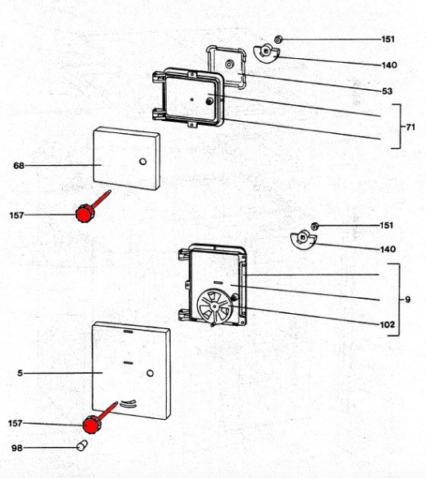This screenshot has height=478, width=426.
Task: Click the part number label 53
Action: (387, 91)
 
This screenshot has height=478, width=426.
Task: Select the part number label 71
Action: (411, 127)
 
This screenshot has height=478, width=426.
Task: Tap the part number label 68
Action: (18, 166)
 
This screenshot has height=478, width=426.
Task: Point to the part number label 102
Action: (387, 325)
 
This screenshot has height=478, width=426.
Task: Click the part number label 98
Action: (17, 448)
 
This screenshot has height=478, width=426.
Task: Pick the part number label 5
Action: (20, 373)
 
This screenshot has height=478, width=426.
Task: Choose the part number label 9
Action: (408, 300)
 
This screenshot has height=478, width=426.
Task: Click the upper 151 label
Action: (388, 39)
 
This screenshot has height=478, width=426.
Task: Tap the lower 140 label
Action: (388, 249)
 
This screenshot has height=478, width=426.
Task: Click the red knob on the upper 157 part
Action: (85, 213)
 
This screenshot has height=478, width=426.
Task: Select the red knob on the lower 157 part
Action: (91, 425)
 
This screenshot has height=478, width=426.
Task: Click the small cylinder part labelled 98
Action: (82, 445)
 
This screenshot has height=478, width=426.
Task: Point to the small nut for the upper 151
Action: (278, 39)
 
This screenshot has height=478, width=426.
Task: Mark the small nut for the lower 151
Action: (315, 226)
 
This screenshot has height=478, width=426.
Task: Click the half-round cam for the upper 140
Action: (266, 53)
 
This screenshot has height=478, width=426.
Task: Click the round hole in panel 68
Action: (143, 161)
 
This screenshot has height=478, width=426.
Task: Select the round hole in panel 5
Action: (150, 373)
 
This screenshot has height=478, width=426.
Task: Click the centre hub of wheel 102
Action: (215, 306)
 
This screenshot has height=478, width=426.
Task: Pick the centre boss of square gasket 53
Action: (230, 64)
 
